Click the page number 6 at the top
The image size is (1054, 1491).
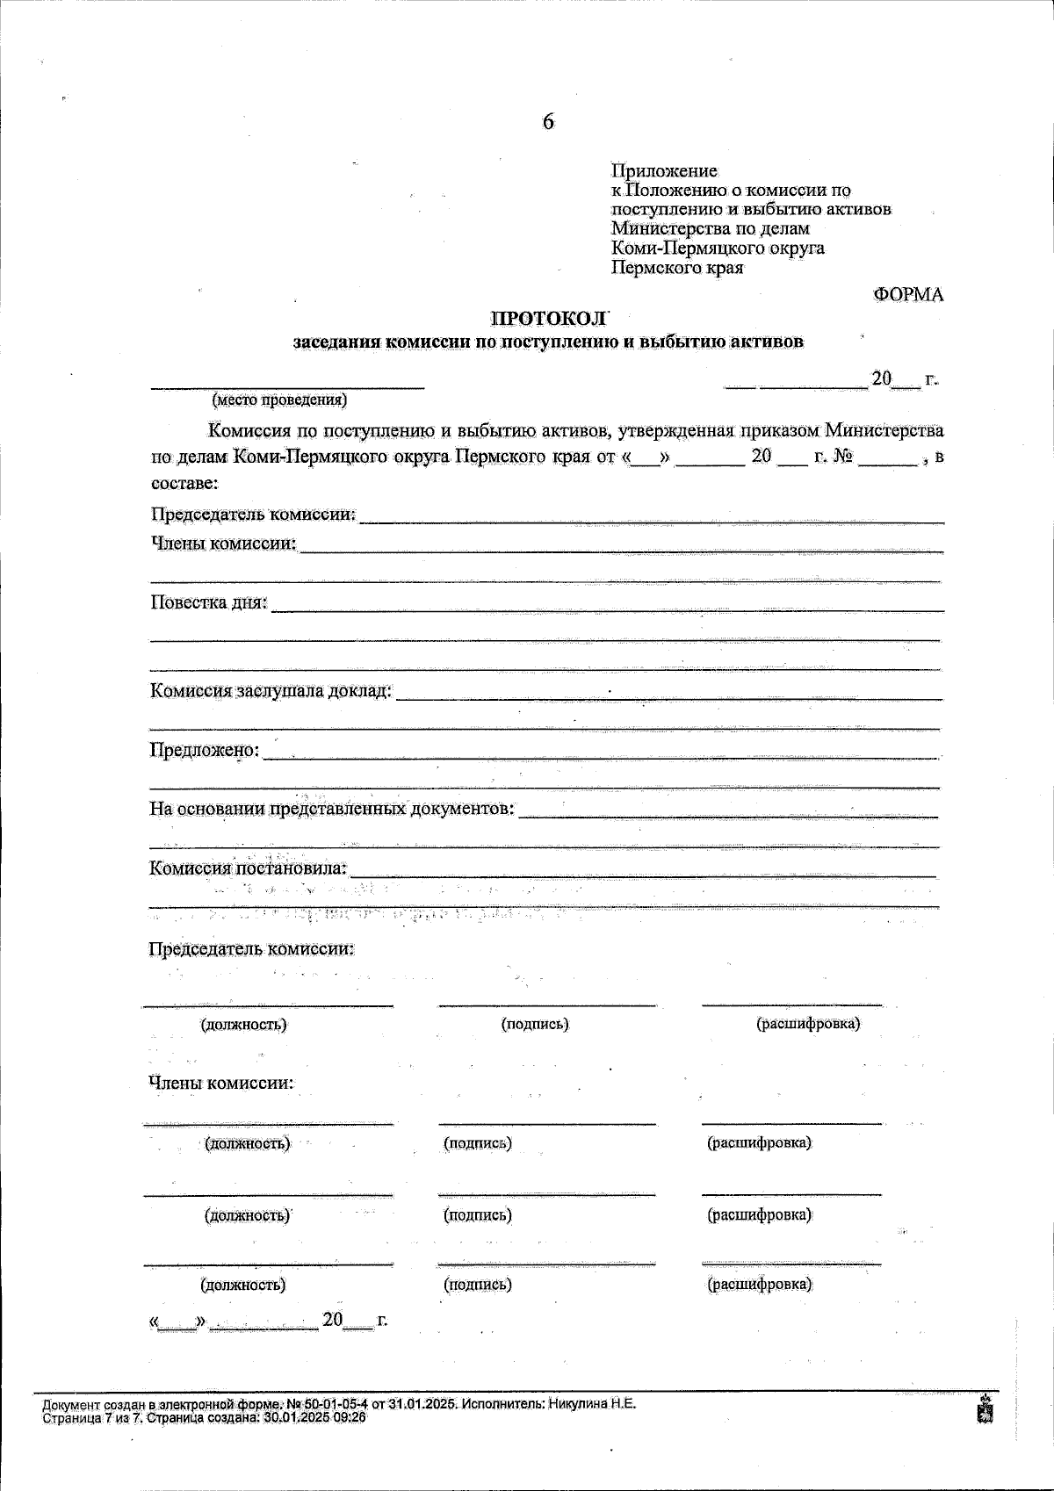(x=548, y=123)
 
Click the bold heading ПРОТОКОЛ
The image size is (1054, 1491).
(x=548, y=319)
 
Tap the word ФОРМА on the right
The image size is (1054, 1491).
(x=908, y=295)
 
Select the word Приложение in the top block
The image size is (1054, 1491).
(x=664, y=170)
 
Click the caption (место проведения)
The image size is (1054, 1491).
(x=279, y=400)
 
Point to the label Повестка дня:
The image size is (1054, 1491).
(x=208, y=603)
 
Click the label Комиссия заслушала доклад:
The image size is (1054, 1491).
(x=271, y=691)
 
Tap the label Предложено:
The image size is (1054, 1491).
(x=205, y=750)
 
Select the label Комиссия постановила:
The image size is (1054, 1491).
(x=249, y=868)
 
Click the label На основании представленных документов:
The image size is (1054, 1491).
(x=332, y=809)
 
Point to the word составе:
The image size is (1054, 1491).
(x=184, y=484)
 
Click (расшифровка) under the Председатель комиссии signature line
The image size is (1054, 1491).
(x=808, y=1024)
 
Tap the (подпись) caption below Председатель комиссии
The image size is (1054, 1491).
(x=534, y=1024)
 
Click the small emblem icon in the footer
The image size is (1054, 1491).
(x=985, y=1411)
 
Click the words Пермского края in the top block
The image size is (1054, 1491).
(x=677, y=268)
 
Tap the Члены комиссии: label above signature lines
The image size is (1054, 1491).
(x=220, y=1084)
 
